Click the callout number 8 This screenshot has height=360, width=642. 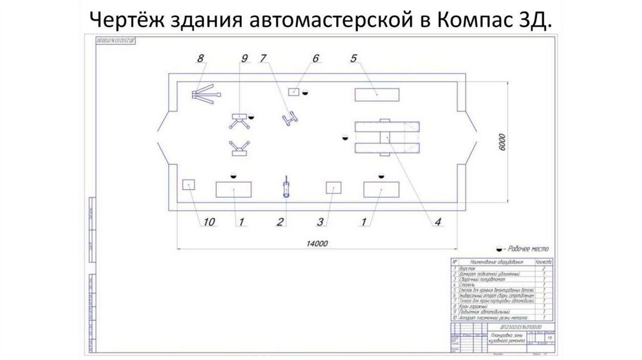tap(201, 59)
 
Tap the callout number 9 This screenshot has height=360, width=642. tap(244, 59)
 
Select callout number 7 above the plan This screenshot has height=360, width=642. tap(264, 59)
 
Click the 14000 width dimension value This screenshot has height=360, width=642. tap(319, 243)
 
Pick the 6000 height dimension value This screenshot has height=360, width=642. tap(500, 142)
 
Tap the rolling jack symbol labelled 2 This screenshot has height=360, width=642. tap(286, 188)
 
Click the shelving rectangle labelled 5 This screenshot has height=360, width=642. tap(376, 94)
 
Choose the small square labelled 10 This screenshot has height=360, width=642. tap(186, 184)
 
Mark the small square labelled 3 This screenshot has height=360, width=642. tap(333, 188)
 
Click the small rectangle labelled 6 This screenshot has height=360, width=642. tap(293, 92)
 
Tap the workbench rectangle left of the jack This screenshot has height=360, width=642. tap(234, 189)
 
